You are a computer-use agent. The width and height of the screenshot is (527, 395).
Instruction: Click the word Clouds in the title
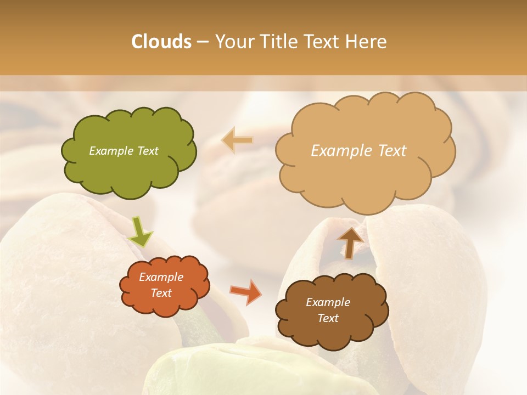click(x=161, y=42)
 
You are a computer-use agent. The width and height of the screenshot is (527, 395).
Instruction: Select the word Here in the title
click(x=366, y=42)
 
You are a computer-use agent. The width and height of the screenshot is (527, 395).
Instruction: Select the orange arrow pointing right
click(x=245, y=292)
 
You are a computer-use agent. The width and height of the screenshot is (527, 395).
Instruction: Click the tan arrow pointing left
click(x=237, y=140)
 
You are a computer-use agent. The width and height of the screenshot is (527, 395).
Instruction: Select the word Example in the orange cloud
click(x=161, y=277)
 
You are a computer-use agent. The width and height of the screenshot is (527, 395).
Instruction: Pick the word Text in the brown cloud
click(x=328, y=318)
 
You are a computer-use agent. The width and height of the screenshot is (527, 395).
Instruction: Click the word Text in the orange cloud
click(x=161, y=293)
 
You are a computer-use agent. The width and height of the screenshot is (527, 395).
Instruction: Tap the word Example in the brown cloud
click(x=328, y=302)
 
